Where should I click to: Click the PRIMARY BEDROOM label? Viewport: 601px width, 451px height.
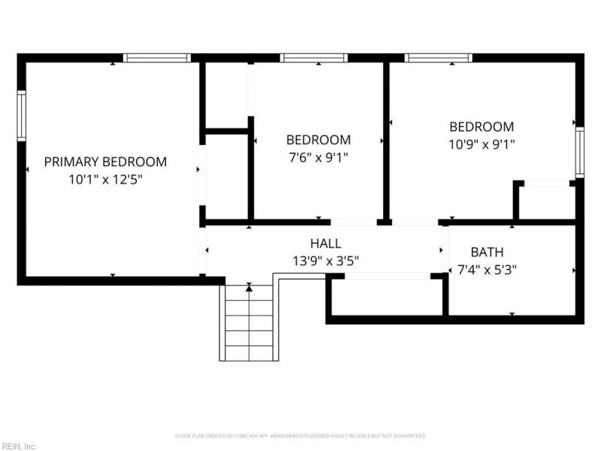click(x=105, y=162)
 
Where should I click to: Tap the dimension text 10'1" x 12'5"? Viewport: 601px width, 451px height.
click(x=105, y=180)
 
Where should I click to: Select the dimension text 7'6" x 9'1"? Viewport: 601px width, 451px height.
click(x=318, y=158)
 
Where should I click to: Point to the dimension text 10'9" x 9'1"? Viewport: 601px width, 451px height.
click(x=482, y=144)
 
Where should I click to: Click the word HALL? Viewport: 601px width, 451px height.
click(x=325, y=244)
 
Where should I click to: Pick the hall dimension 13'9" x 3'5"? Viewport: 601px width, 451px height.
click(x=325, y=262)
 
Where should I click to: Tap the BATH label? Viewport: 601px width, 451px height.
click(x=487, y=252)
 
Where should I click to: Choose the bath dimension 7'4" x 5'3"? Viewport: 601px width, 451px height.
click(x=487, y=269)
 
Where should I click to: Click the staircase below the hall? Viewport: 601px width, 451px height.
click(x=248, y=323)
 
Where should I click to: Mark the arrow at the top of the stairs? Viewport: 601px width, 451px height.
click(x=249, y=287)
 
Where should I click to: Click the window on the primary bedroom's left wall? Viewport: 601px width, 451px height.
click(x=22, y=117)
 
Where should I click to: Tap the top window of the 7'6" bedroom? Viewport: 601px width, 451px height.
click(x=314, y=58)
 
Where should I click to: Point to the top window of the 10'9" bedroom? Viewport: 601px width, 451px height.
click(x=438, y=58)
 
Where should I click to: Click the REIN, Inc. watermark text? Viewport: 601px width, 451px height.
click(x=18, y=446)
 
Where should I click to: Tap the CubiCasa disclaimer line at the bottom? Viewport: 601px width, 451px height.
click(x=300, y=436)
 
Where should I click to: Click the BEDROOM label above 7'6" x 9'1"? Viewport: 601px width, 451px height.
click(x=318, y=140)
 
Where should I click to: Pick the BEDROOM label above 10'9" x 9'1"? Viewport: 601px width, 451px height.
click(x=482, y=127)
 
